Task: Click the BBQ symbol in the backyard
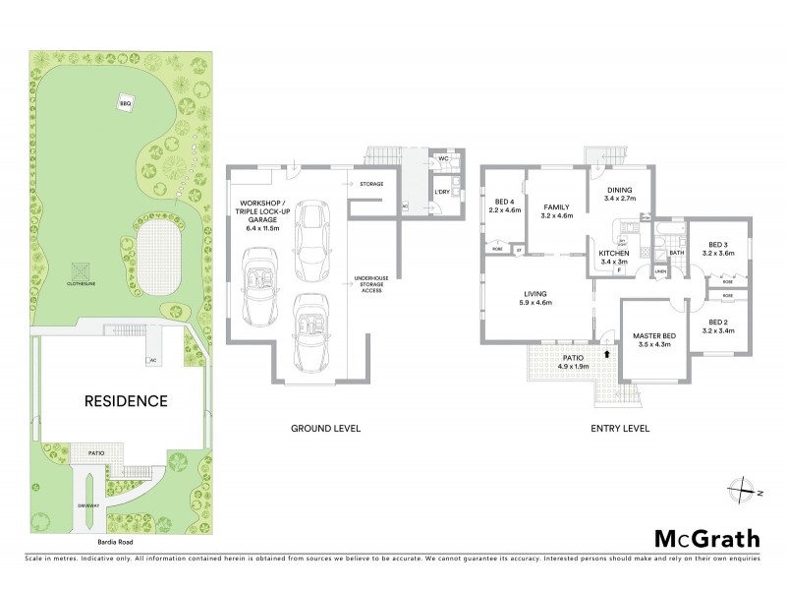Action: click(x=125, y=103)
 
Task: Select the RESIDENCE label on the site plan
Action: click(x=125, y=401)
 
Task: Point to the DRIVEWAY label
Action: click(x=89, y=505)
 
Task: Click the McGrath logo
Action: click(x=706, y=538)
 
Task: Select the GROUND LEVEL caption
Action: click(x=325, y=429)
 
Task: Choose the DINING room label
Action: click(x=618, y=190)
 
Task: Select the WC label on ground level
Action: click(x=443, y=158)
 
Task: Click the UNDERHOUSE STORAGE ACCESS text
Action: click(x=370, y=285)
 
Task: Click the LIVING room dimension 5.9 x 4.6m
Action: click(x=534, y=303)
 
